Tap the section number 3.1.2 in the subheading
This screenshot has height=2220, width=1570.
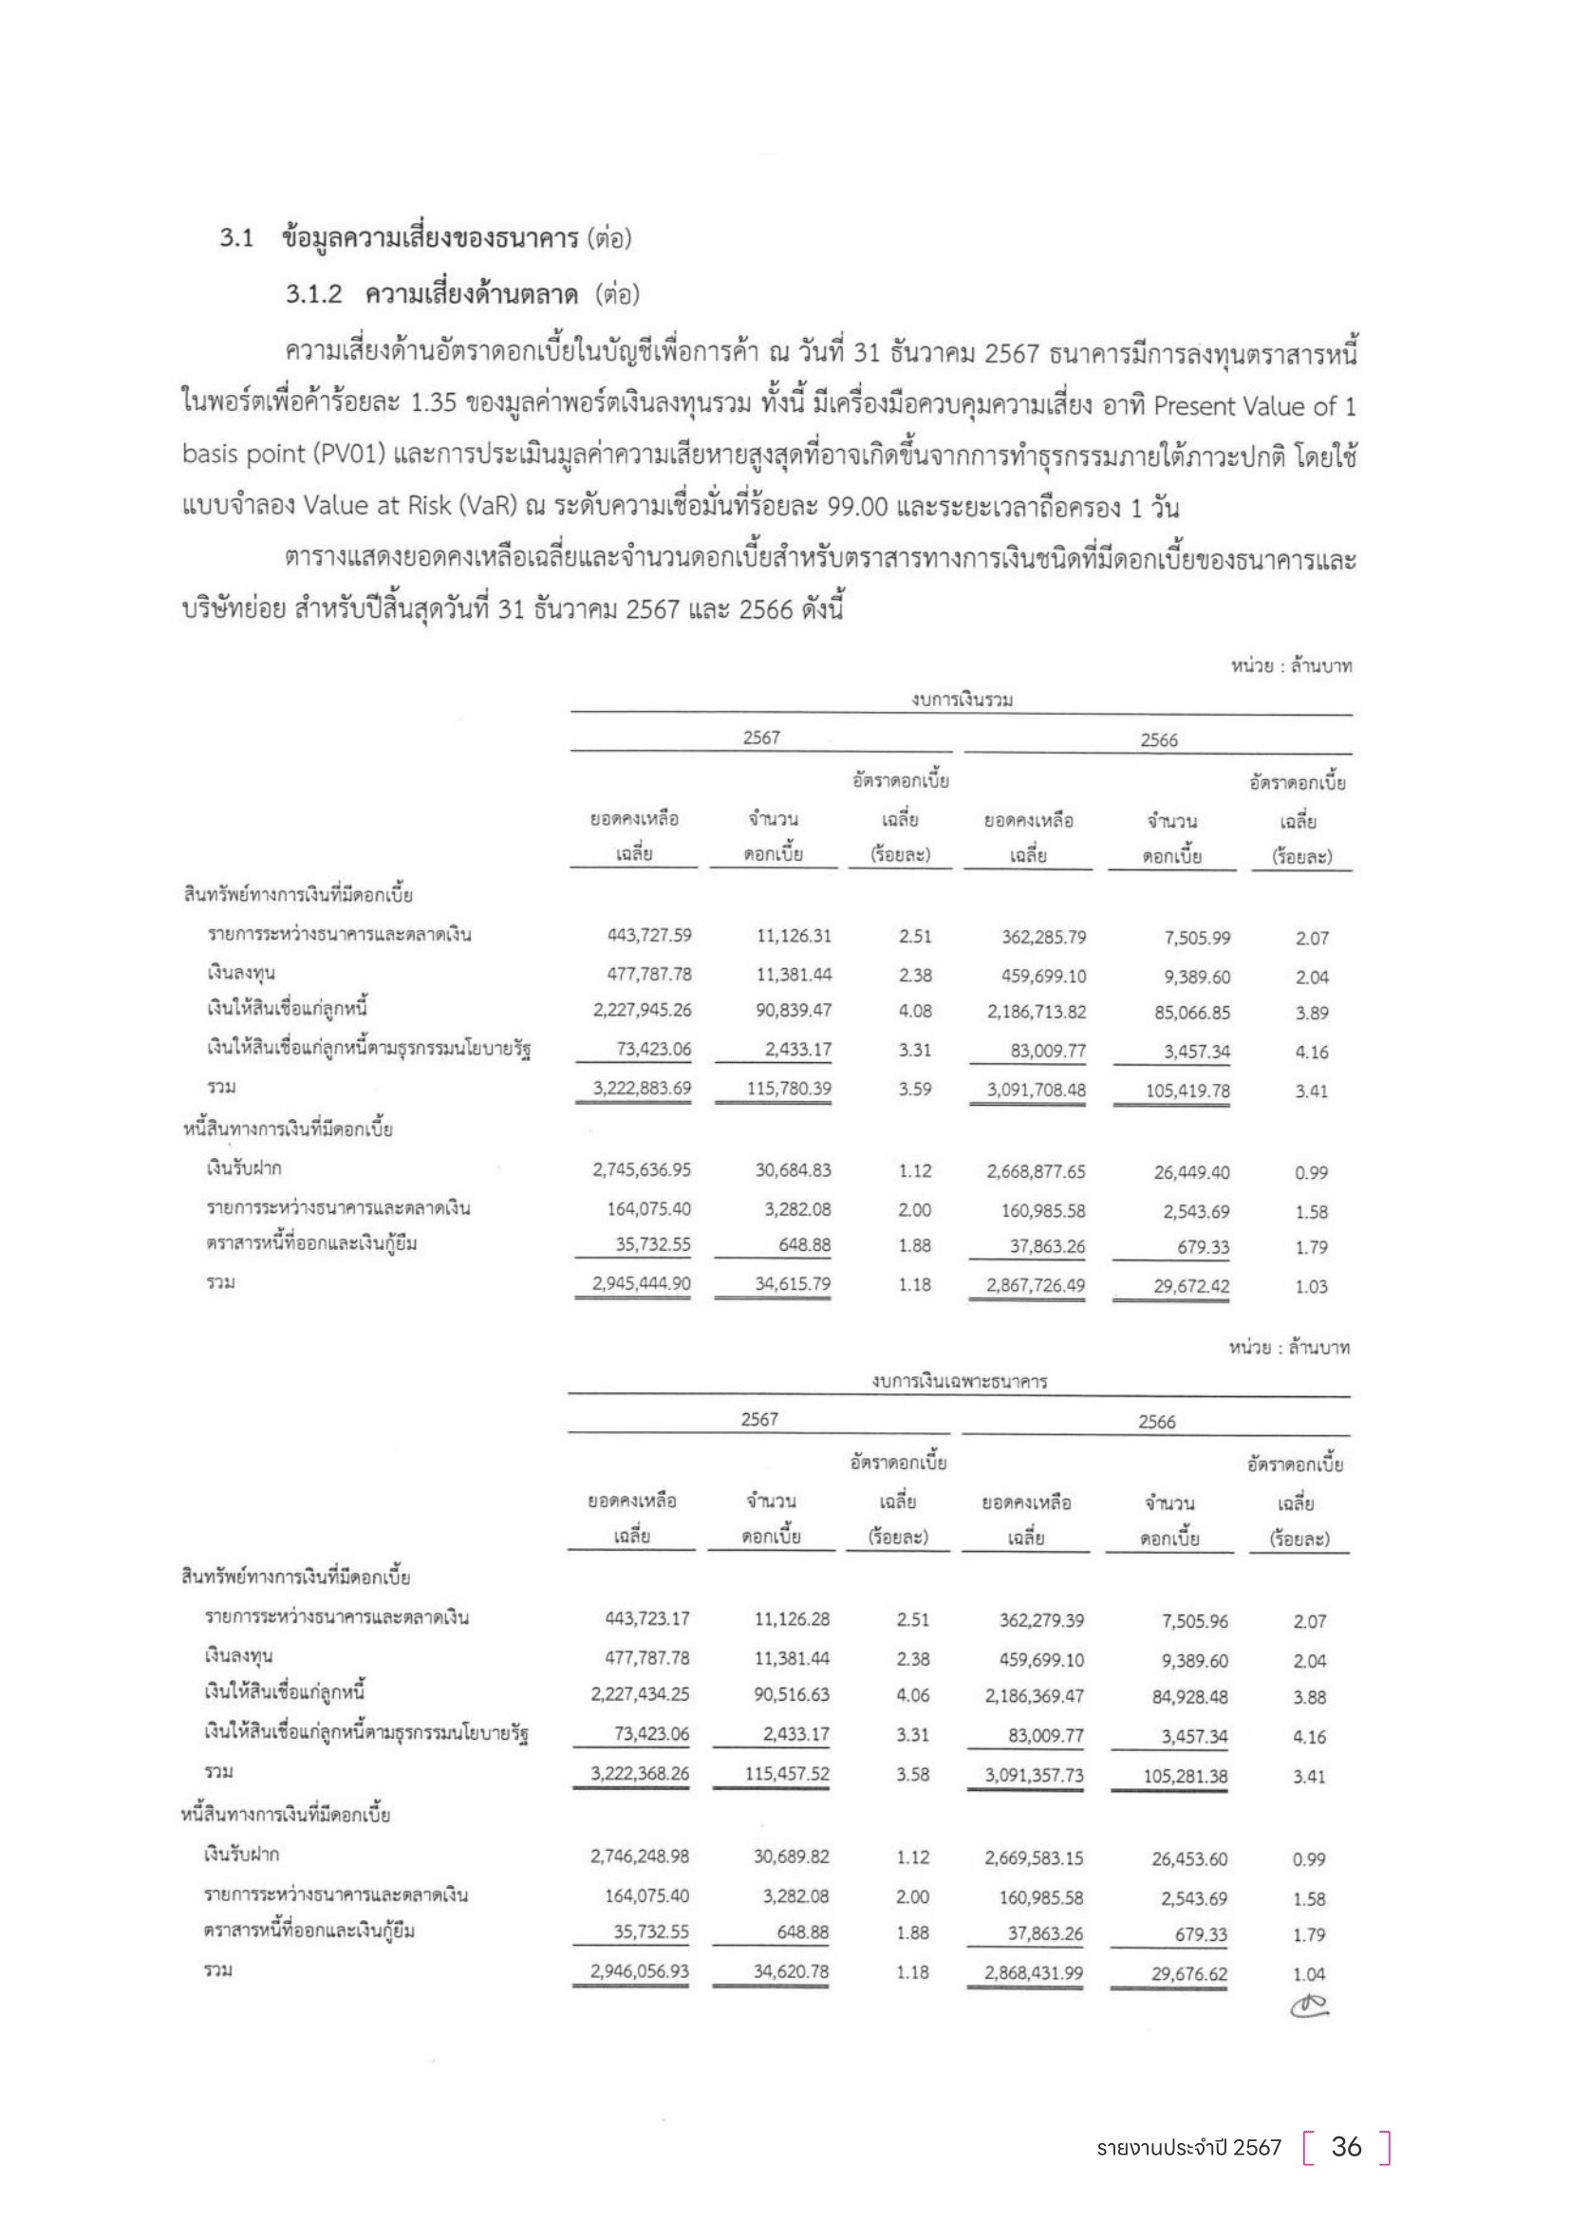313,294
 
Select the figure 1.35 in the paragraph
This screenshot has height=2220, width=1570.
433,404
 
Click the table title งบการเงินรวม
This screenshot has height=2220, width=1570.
961,700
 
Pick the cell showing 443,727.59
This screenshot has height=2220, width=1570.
642,936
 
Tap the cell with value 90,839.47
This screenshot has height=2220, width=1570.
793,1011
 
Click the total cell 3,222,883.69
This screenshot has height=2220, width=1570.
642,1088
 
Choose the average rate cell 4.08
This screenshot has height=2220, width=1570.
914,1011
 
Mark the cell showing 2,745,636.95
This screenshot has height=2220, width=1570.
642,1170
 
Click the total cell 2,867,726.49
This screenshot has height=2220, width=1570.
1036,1285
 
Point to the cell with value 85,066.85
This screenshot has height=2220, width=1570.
1197,1013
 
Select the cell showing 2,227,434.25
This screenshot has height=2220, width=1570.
640,1694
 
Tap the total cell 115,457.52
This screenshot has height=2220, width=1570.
791,1773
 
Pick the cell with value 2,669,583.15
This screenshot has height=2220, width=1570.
1034,1857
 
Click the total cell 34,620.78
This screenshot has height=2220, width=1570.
791,1970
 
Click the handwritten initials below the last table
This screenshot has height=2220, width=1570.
1309,2006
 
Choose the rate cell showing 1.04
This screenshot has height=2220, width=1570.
1309,1973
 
